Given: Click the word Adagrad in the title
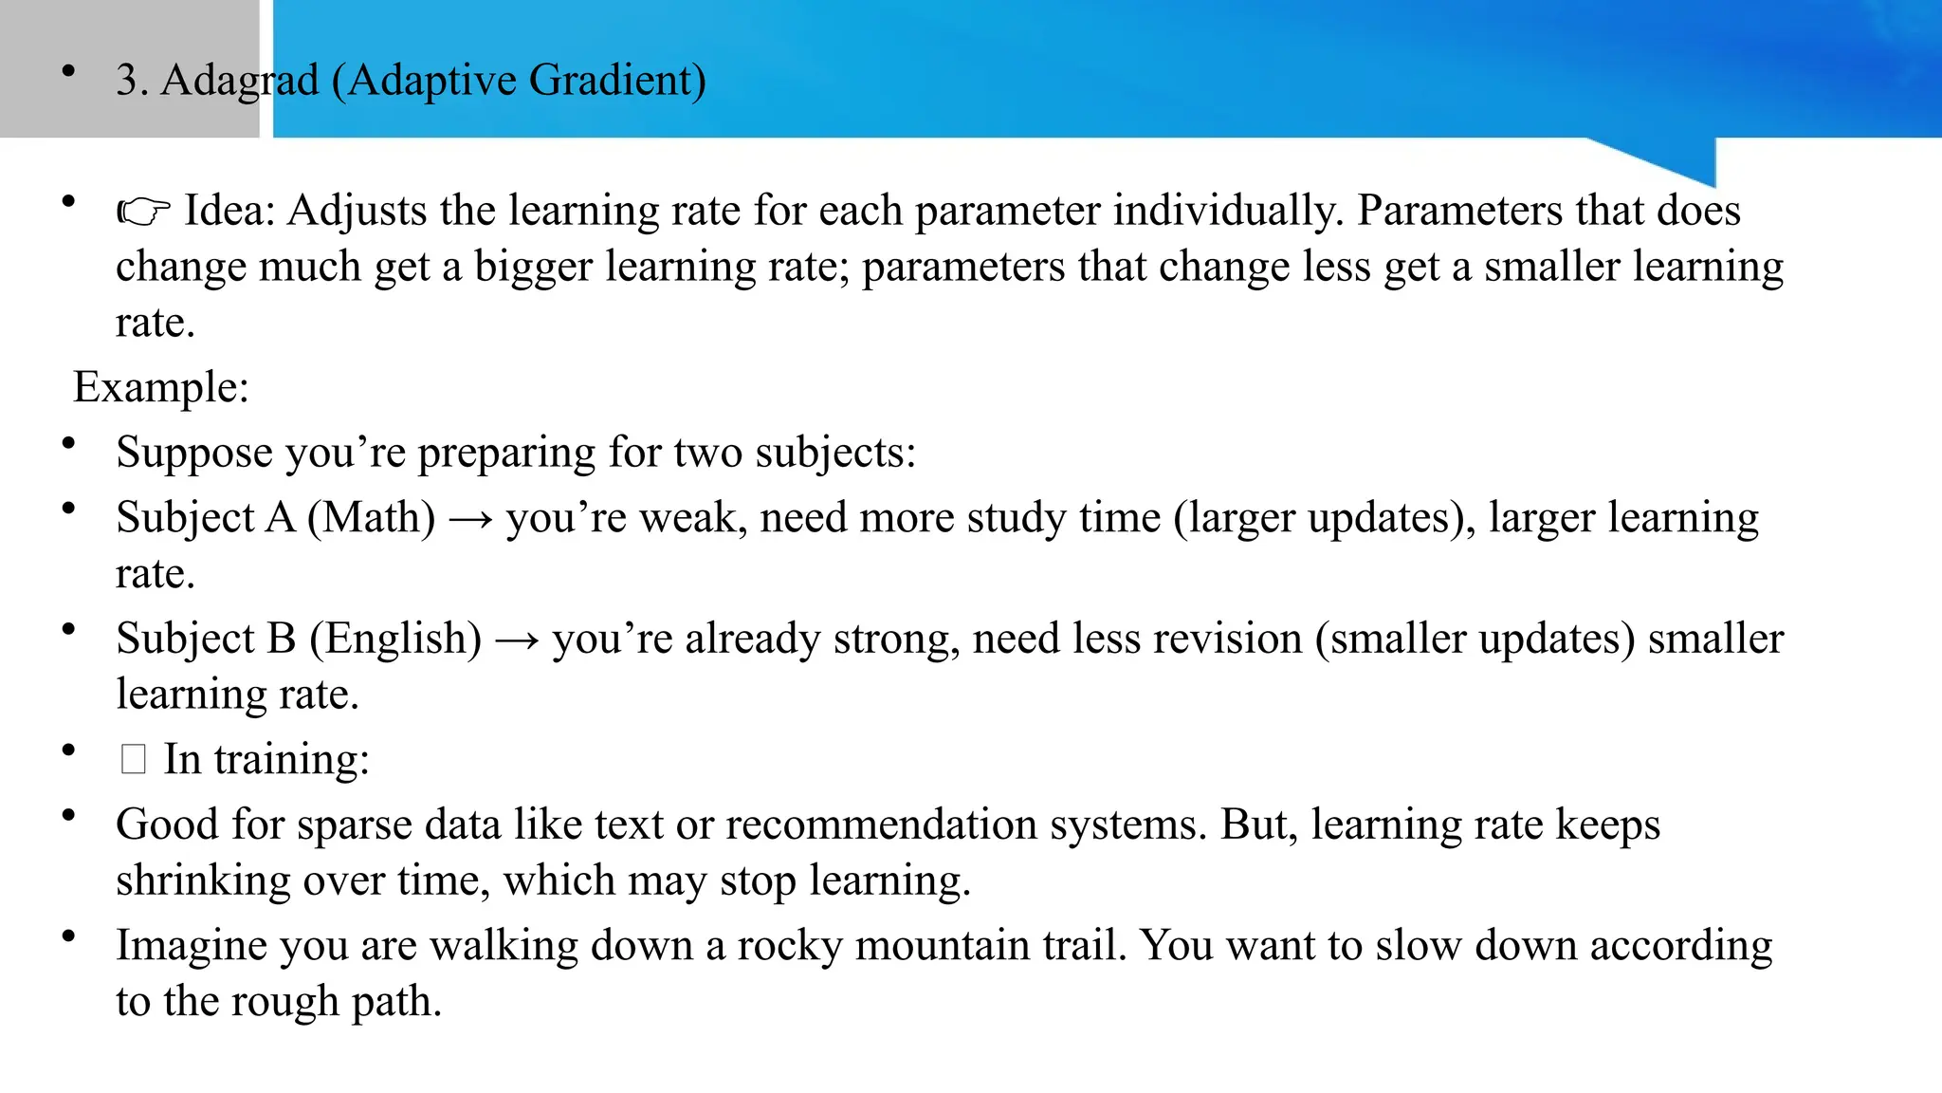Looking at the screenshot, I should (x=240, y=80).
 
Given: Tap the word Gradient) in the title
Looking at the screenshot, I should (x=617, y=80).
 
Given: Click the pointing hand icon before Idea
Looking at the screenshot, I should (x=143, y=212).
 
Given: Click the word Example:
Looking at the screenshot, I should (x=161, y=387).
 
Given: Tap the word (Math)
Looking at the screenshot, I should (x=371, y=518).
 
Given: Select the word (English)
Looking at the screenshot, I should (x=394, y=639).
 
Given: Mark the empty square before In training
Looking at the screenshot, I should (x=134, y=759).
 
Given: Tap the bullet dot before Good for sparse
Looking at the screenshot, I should (x=68, y=815).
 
